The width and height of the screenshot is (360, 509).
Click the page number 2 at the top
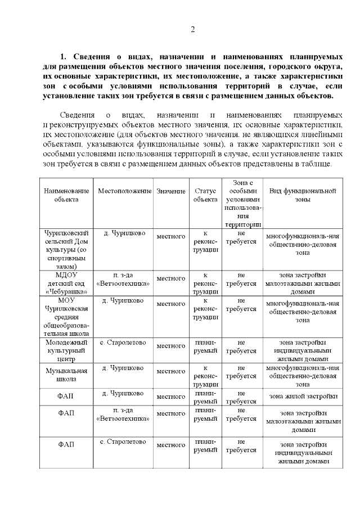[x=192, y=29]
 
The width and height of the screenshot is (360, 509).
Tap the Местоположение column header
[x=125, y=191]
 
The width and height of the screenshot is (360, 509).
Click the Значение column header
[x=171, y=191]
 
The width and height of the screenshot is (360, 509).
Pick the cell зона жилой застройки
[x=303, y=397]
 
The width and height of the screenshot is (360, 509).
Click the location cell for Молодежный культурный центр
[x=124, y=343]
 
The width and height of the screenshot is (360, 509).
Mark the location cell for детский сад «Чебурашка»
[x=124, y=280]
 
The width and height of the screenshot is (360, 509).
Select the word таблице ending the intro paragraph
[x=317, y=164]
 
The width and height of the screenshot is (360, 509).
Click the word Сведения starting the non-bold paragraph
[x=78, y=115]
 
